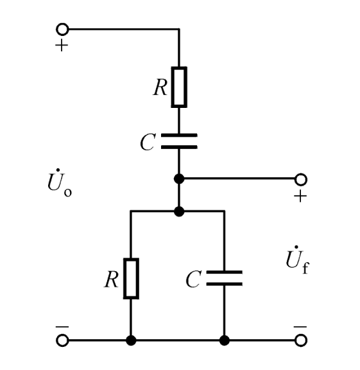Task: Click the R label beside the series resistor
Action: click(160, 87)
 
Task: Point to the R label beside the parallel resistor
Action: click(111, 279)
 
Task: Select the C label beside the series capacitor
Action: click(148, 142)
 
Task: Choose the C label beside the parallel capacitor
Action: click(193, 279)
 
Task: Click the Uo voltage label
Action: click(60, 182)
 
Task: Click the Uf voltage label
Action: click(298, 260)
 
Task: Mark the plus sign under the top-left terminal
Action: click(62, 45)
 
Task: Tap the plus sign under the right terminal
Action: click(300, 196)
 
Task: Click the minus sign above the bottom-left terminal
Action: click(62, 327)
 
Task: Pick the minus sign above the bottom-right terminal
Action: click(300, 327)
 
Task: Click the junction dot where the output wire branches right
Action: click(179, 179)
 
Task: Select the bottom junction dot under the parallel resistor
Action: click(131, 340)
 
